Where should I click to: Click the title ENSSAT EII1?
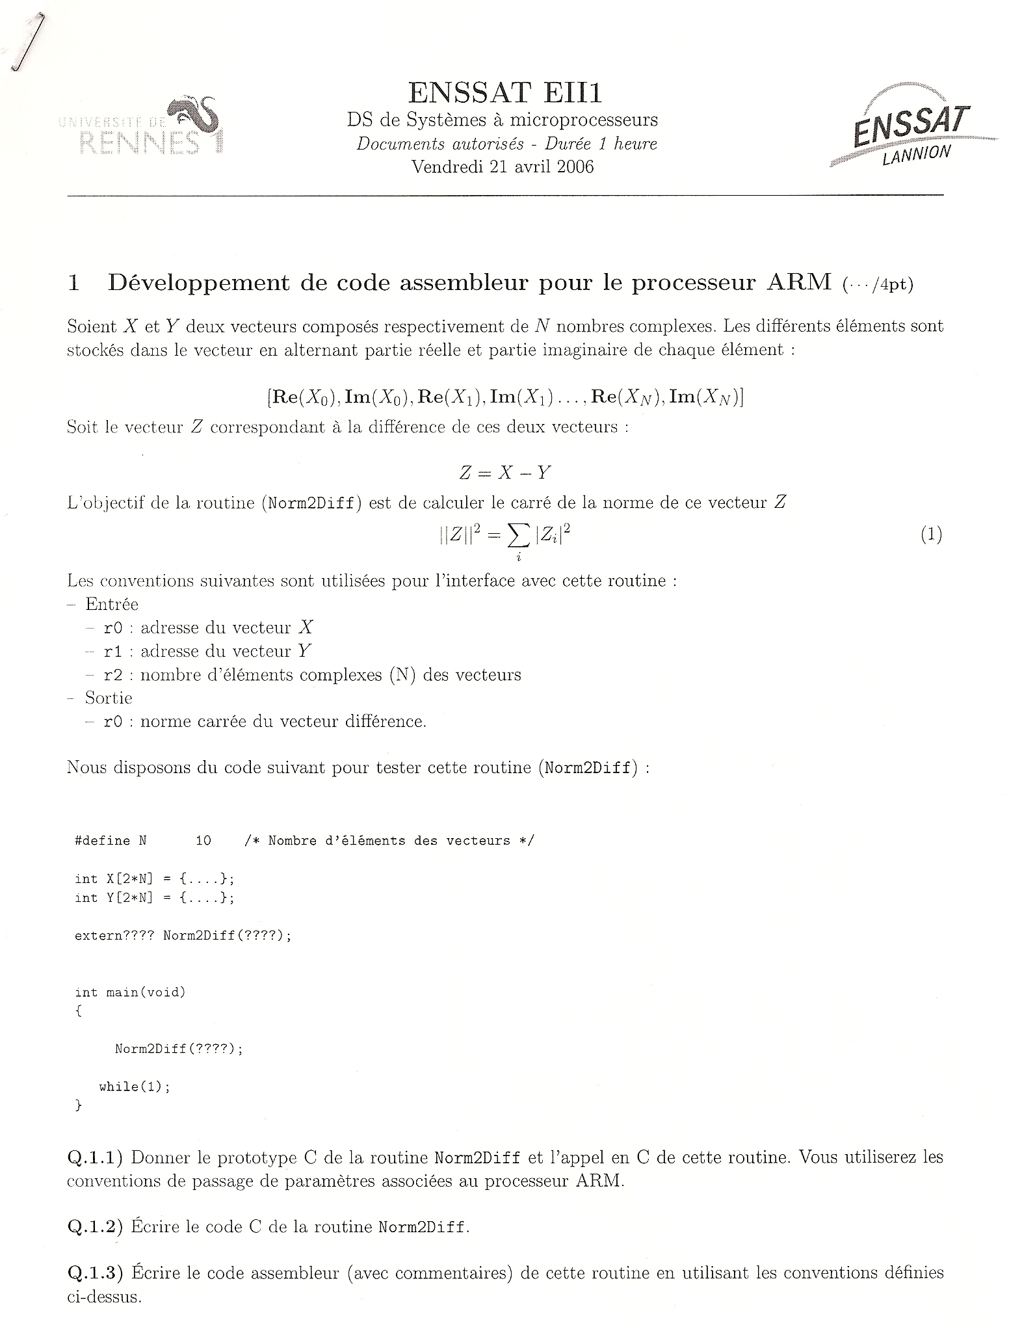coord(504,93)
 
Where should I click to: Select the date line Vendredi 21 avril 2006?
coord(503,167)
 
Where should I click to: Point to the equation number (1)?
coord(931,535)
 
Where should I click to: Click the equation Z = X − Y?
coord(505,473)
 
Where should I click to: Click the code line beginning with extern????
coord(183,936)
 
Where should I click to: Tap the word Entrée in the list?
coord(112,605)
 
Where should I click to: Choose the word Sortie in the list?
coord(109,698)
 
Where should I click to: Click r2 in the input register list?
coord(113,676)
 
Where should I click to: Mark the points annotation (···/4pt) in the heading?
coord(878,285)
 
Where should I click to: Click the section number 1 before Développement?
coord(74,284)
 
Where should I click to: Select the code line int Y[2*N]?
coord(154,898)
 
